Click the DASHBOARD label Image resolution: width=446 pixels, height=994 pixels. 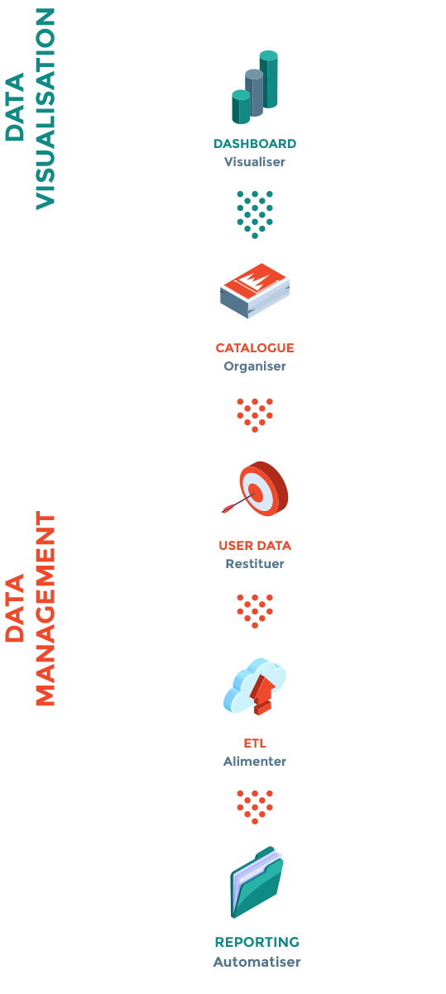[255, 144]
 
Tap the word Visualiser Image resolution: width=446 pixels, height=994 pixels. [255, 162]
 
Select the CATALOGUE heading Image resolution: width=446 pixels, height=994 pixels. [255, 348]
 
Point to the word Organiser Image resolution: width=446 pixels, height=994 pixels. [255, 366]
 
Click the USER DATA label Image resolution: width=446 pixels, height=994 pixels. [255, 545]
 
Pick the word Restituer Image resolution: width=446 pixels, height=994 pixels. [255, 564]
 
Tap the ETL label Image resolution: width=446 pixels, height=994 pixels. [255, 743]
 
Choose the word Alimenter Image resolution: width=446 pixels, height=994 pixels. [255, 762]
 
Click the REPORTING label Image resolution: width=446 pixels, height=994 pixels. [257, 942]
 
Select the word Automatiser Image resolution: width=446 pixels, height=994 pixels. [257, 962]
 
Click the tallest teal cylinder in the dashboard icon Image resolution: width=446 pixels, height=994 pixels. [269, 79]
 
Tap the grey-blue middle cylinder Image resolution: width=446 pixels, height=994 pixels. [254, 93]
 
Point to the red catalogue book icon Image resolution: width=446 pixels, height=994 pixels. [255, 290]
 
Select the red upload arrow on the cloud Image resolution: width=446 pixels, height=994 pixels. [262, 695]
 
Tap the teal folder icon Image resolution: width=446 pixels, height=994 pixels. [257, 882]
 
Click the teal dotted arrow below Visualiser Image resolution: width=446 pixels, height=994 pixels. [255, 215]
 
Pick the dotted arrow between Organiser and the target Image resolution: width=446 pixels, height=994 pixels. [255, 415]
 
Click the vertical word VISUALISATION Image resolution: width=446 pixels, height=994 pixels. [45, 108]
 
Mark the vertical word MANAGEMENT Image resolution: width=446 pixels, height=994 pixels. [45, 608]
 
